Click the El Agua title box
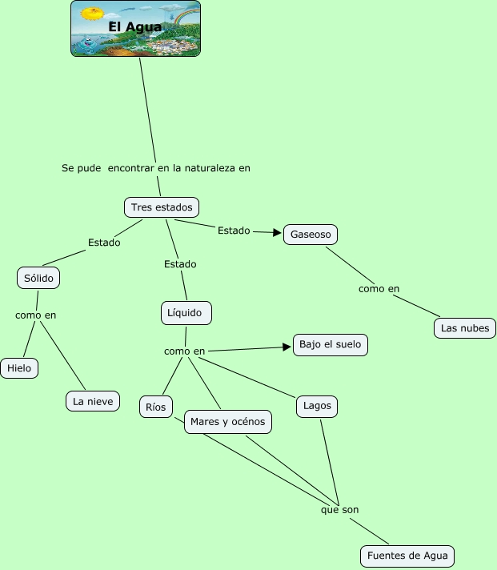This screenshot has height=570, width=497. pyautogui.click(x=135, y=28)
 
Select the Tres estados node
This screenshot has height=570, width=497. pyautogui.click(x=162, y=207)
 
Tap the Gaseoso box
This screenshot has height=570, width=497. pyautogui.click(x=311, y=235)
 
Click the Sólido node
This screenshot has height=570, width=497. pyautogui.click(x=38, y=277)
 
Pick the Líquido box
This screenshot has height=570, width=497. pyautogui.click(x=186, y=312)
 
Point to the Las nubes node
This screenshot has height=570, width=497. pyautogui.click(x=464, y=327)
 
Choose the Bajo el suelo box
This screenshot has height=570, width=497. pyautogui.click(x=330, y=345)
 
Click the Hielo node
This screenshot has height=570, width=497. pyautogui.click(x=19, y=368)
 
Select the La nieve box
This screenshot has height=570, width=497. pyautogui.click(x=93, y=401)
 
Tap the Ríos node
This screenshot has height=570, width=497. pyautogui.click(x=155, y=407)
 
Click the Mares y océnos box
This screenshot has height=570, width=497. pyautogui.click(x=228, y=422)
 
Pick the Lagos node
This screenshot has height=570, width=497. pyautogui.click(x=317, y=406)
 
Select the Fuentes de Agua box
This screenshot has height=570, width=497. pyautogui.click(x=407, y=556)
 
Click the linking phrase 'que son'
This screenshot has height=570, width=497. pyautogui.click(x=339, y=509)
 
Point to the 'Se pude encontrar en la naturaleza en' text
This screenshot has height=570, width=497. pyautogui.click(x=156, y=168)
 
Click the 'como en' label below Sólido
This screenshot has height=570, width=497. pyautogui.click(x=36, y=315)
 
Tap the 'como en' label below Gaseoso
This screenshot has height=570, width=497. pyautogui.click(x=379, y=289)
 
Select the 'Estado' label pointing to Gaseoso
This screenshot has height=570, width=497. pyautogui.click(x=234, y=231)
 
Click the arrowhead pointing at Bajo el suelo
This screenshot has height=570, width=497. pyautogui.click(x=287, y=347)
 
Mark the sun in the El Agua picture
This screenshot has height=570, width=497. pyautogui.click(x=94, y=14)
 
